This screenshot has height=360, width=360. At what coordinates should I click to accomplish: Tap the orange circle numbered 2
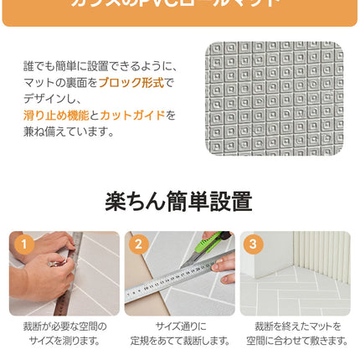click(x=138, y=244)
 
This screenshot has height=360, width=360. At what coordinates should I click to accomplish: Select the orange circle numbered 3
click(x=253, y=244)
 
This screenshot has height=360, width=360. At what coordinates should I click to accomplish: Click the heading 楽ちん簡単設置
click(x=178, y=202)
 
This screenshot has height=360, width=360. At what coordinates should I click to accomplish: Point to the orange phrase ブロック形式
click(x=131, y=82)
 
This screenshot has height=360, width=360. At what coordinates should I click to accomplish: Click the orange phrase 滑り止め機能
click(x=55, y=115)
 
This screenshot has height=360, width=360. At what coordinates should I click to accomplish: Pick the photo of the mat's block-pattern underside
click(x=274, y=98)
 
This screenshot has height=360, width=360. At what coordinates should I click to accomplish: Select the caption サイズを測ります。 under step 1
click(x=64, y=341)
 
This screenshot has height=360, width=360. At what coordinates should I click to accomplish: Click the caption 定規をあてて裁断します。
click(x=179, y=341)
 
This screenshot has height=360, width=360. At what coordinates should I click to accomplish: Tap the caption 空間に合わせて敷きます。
click(x=297, y=341)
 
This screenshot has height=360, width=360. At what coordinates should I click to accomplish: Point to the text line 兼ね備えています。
click(x=69, y=131)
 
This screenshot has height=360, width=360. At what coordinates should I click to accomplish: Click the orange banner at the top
click(x=179, y=10)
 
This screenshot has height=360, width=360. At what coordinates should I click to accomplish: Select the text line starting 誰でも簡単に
click(x=100, y=65)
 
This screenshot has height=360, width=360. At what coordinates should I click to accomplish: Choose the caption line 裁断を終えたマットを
click(x=297, y=326)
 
